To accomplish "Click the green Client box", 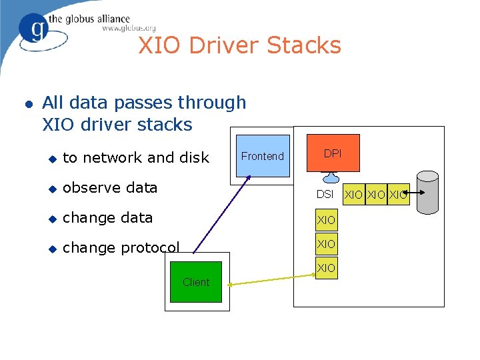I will coord(196,282).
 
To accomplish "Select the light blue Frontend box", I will coord(262,156).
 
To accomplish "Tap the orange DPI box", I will coord(333,154).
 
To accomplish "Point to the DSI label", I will coord(325,194).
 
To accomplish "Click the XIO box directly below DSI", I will coord(326,219).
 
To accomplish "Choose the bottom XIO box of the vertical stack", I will coord(326,267).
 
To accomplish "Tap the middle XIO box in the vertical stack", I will coord(326,243).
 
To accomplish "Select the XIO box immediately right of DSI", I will coord(354,194).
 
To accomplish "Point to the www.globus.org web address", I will coord(129,28).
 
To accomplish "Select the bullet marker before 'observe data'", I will coord(53,189).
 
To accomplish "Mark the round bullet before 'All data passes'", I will coord(27,104).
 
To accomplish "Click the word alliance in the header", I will coord(107,19).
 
